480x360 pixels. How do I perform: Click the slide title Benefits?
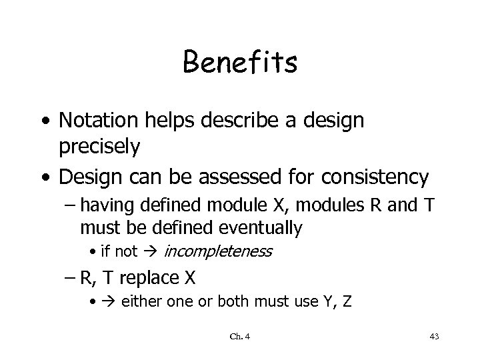click(x=240, y=63)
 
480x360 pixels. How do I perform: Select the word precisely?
click(x=99, y=147)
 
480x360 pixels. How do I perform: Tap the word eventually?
click(x=261, y=228)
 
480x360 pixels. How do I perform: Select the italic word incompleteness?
click(x=217, y=251)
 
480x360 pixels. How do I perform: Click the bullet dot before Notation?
click(x=44, y=121)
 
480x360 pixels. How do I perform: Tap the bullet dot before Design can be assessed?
click(x=44, y=177)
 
